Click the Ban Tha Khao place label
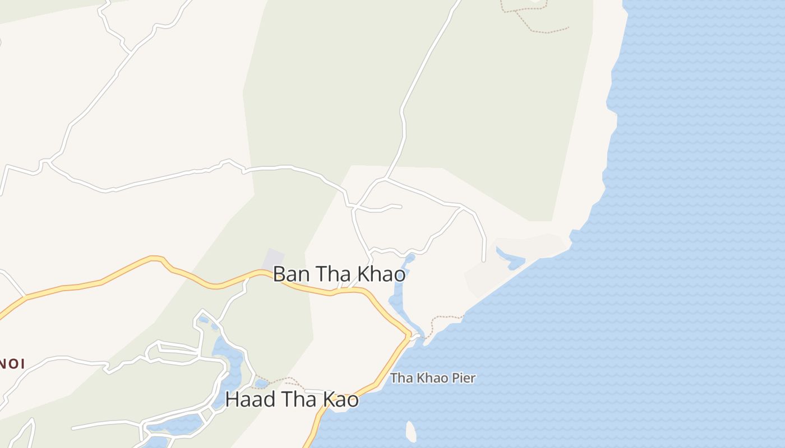pyautogui.click(x=339, y=274)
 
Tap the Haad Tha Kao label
pyautogui.click(x=292, y=400)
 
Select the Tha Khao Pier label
pyautogui.click(x=432, y=378)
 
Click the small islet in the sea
pyautogui.click(x=411, y=431)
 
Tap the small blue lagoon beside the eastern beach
pyautogui.click(x=511, y=258)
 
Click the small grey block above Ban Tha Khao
pyautogui.click(x=274, y=258)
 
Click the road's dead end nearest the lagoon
pyautogui.click(x=484, y=260)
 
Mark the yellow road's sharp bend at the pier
pyautogui.click(x=409, y=336)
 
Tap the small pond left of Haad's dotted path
pyautogui.click(x=261, y=384)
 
